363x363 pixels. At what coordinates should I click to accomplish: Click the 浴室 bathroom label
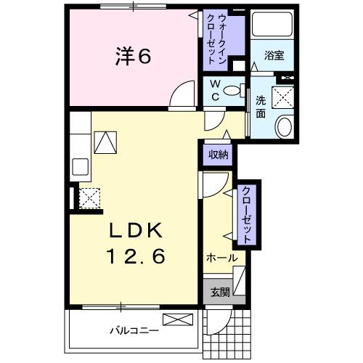tap(273, 54)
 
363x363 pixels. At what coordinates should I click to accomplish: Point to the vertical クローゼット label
tap(247, 216)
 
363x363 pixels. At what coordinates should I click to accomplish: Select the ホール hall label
tap(221, 258)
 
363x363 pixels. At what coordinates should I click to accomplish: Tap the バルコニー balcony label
tap(134, 331)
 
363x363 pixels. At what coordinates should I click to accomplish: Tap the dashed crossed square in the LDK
tap(90, 197)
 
